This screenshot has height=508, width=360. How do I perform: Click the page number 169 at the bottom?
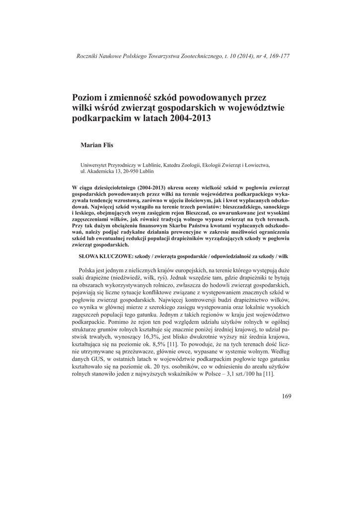(x=286, y=395)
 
